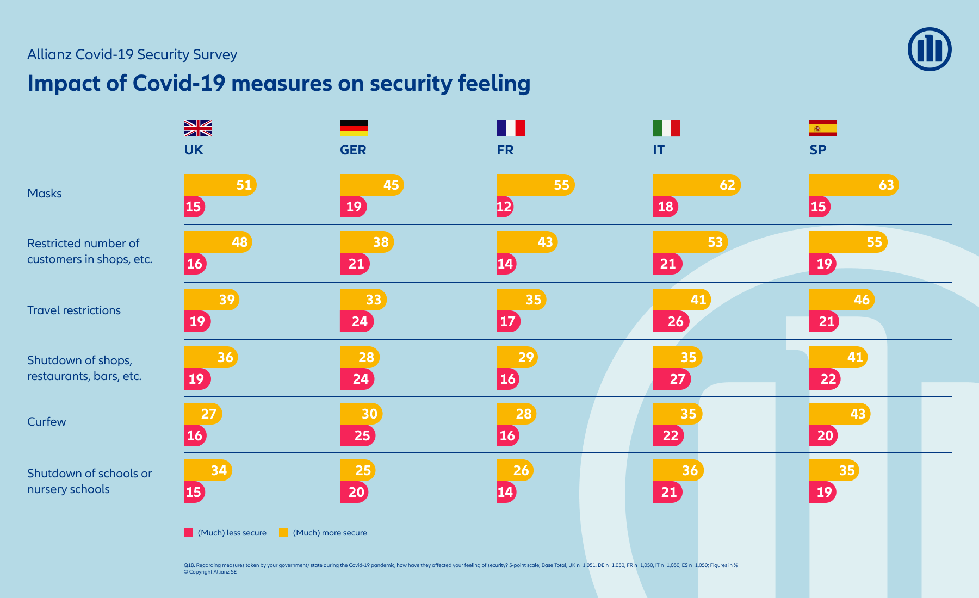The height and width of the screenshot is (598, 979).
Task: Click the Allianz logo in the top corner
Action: click(x=930, y=49)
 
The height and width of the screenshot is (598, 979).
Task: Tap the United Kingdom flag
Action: click(x=197, y=128)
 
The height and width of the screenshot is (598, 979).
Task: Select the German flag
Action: click(x=354, y=128)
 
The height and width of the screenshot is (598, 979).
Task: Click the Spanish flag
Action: click(x=823, y=128)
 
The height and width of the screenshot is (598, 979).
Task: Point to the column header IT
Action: click(x=659, y=150)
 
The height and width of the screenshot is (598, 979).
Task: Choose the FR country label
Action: click(x=505, y=150)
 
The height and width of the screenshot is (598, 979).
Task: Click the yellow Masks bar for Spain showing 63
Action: click(x=853, y=185)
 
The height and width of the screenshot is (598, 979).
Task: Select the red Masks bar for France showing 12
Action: click(x=504, y=207)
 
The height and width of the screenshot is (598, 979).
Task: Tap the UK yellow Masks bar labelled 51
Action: click(x=219, y=185)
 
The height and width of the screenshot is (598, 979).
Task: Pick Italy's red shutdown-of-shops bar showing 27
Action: click(x=671, y=379)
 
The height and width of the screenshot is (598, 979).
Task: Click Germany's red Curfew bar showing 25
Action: click(x=357, y=435)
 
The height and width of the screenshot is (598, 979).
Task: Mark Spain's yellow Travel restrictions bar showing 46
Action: click(x=841, y=300)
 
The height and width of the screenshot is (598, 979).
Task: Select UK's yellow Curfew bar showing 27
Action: click(x=202, y=414)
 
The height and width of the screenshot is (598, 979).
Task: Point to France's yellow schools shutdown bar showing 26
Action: click(x=514, y=470)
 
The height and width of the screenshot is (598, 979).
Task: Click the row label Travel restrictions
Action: click(x=74, y=310)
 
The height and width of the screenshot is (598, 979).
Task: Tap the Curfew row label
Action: click(x=47, y=422)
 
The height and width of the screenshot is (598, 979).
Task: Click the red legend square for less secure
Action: click(x=188, y=533)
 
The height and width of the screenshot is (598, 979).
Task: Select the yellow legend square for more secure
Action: click(x=283, y=533)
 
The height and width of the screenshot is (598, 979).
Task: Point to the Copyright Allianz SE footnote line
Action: click(x=210, y=572)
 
